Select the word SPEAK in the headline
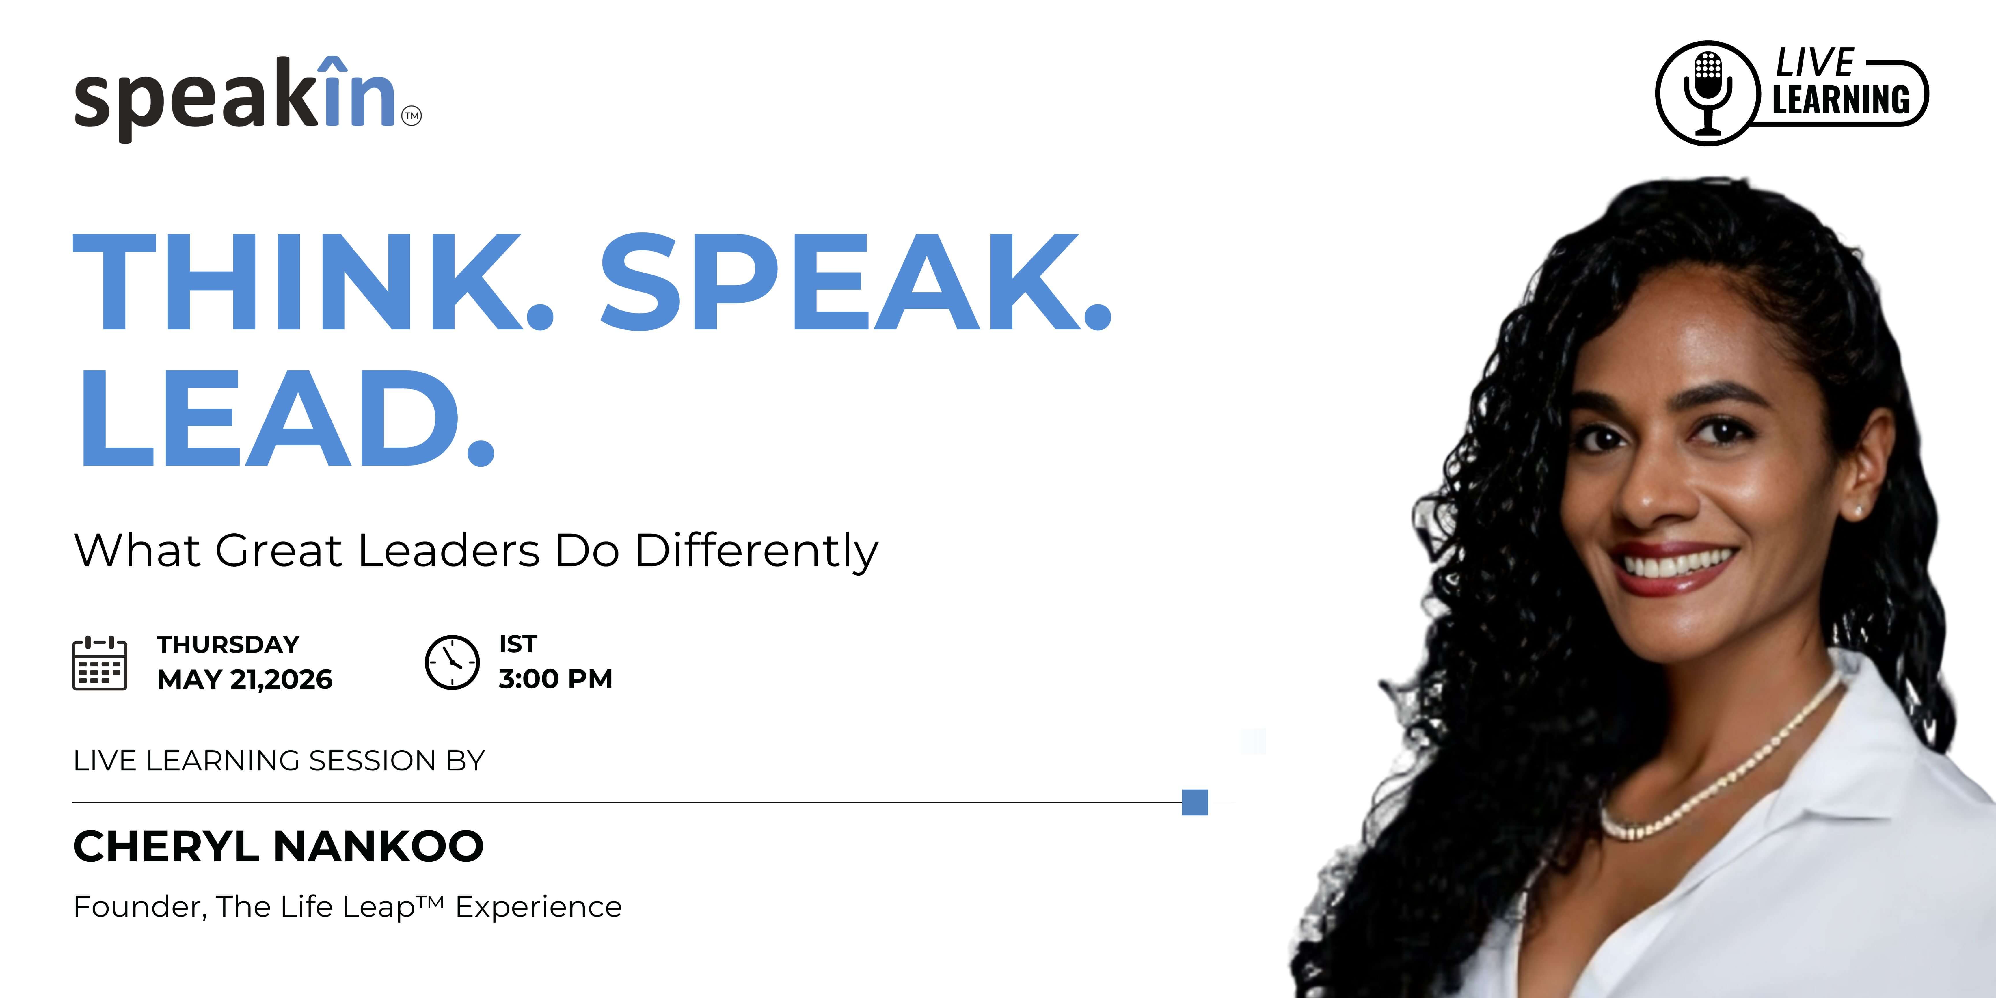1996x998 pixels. click(x=856, y=283)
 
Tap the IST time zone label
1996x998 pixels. click(x=517, y=644)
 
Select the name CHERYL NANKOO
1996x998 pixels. click(x=278, y=846)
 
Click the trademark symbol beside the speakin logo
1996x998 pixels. click(x=412, y=116)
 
